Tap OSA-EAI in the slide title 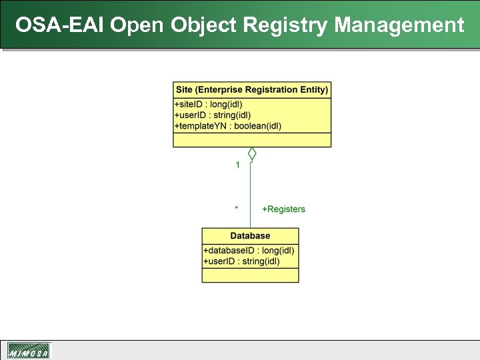click(x=60, y=25)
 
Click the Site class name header click(x=252, y=89)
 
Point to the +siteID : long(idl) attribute click(x=208, y=105)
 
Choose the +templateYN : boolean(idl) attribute click(x=227, y=126)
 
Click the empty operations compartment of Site click(x=252, y=139)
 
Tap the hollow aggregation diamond click(x=252, y=154)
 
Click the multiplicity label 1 click(x=237, y=165)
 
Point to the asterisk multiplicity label click(x=236, y=209)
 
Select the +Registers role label click(x=283, y=209)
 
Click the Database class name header click(x=250, y=236)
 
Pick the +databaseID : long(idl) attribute click(x=248, y=251)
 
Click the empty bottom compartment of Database click(x=250, y=275)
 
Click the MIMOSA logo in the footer click(x=29, y=351)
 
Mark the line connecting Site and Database click(x=251, y=193)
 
